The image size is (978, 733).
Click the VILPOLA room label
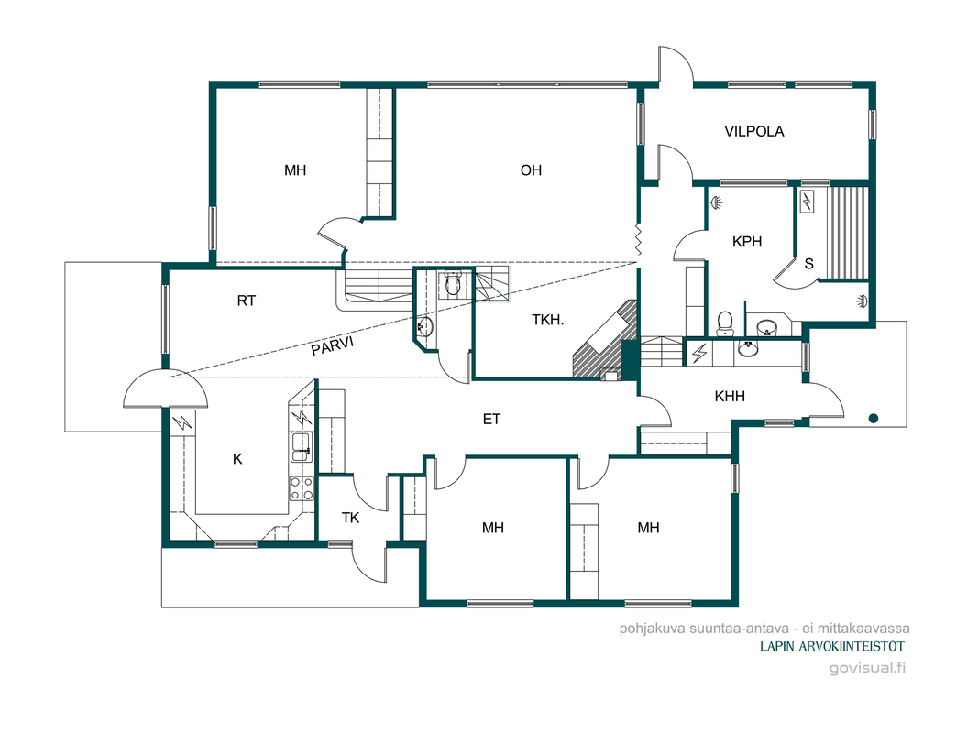pyautogui.click(x=753, y=132)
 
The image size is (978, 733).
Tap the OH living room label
pyautogui.click(x=531, y=170)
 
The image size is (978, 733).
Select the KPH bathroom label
pyautogui.click(x=747, y=241)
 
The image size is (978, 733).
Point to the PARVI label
pyautogui.click(x=333, y=345)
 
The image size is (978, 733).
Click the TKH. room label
pyautogui.click(x=547, y=321)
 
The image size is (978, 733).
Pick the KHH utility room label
pyautogui.click(x=729, y=396)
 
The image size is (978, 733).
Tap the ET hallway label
pyautogui.click(x=491, y=419)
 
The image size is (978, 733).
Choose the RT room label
pyautogui.click(x=247, y=301)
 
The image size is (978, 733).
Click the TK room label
pyautogui.click(x=350, y=518)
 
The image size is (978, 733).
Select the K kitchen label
pyautogui.click(x=237, y=459)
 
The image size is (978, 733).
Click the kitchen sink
pyautogui.click(x=302, y=446)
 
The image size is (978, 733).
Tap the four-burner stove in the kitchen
pyautogui.click(x=302, y=488)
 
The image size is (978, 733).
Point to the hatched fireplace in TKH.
pyautogui.click(x=605, y=340)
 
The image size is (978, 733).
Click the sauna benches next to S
pyautogui.click(x=848, y=232)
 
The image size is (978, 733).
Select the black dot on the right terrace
pyautogui.click(x=874, y=418)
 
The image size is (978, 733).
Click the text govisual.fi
pyautogui.click(x=867, y=668)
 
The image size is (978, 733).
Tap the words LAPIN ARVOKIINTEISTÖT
pyautogui.click(x=832, y=646)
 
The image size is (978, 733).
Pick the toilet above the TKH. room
pyautogui.click(x=453, y=285)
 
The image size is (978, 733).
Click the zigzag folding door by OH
pyautogui.click(x=638, y=239)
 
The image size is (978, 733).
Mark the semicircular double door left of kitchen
pyautogui.click(x=165, y=388)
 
